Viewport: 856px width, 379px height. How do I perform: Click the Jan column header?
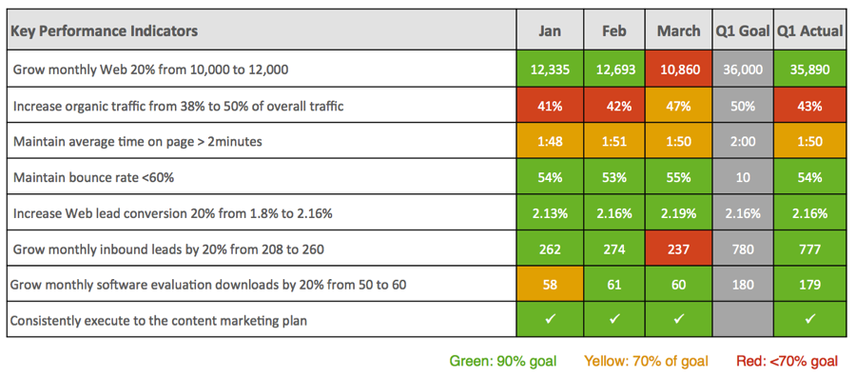tap(549, 31)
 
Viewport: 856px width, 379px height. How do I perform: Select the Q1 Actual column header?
tap(809, 31)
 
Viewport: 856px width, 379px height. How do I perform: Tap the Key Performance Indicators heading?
tap(105, 31)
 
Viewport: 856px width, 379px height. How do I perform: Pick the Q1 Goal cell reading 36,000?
tap(743, 70)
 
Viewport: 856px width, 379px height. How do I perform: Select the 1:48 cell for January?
tap(549, 142)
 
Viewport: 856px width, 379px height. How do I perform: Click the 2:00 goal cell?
tap(743, 142)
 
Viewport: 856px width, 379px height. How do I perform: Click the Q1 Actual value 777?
tap(809, 249)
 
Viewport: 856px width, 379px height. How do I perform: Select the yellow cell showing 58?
tap(549, 285)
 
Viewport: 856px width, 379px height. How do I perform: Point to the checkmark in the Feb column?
tap(614, 320)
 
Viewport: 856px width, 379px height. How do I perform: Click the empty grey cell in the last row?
tap(743, 320)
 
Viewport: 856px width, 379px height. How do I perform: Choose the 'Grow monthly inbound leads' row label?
tap(171, 249)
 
